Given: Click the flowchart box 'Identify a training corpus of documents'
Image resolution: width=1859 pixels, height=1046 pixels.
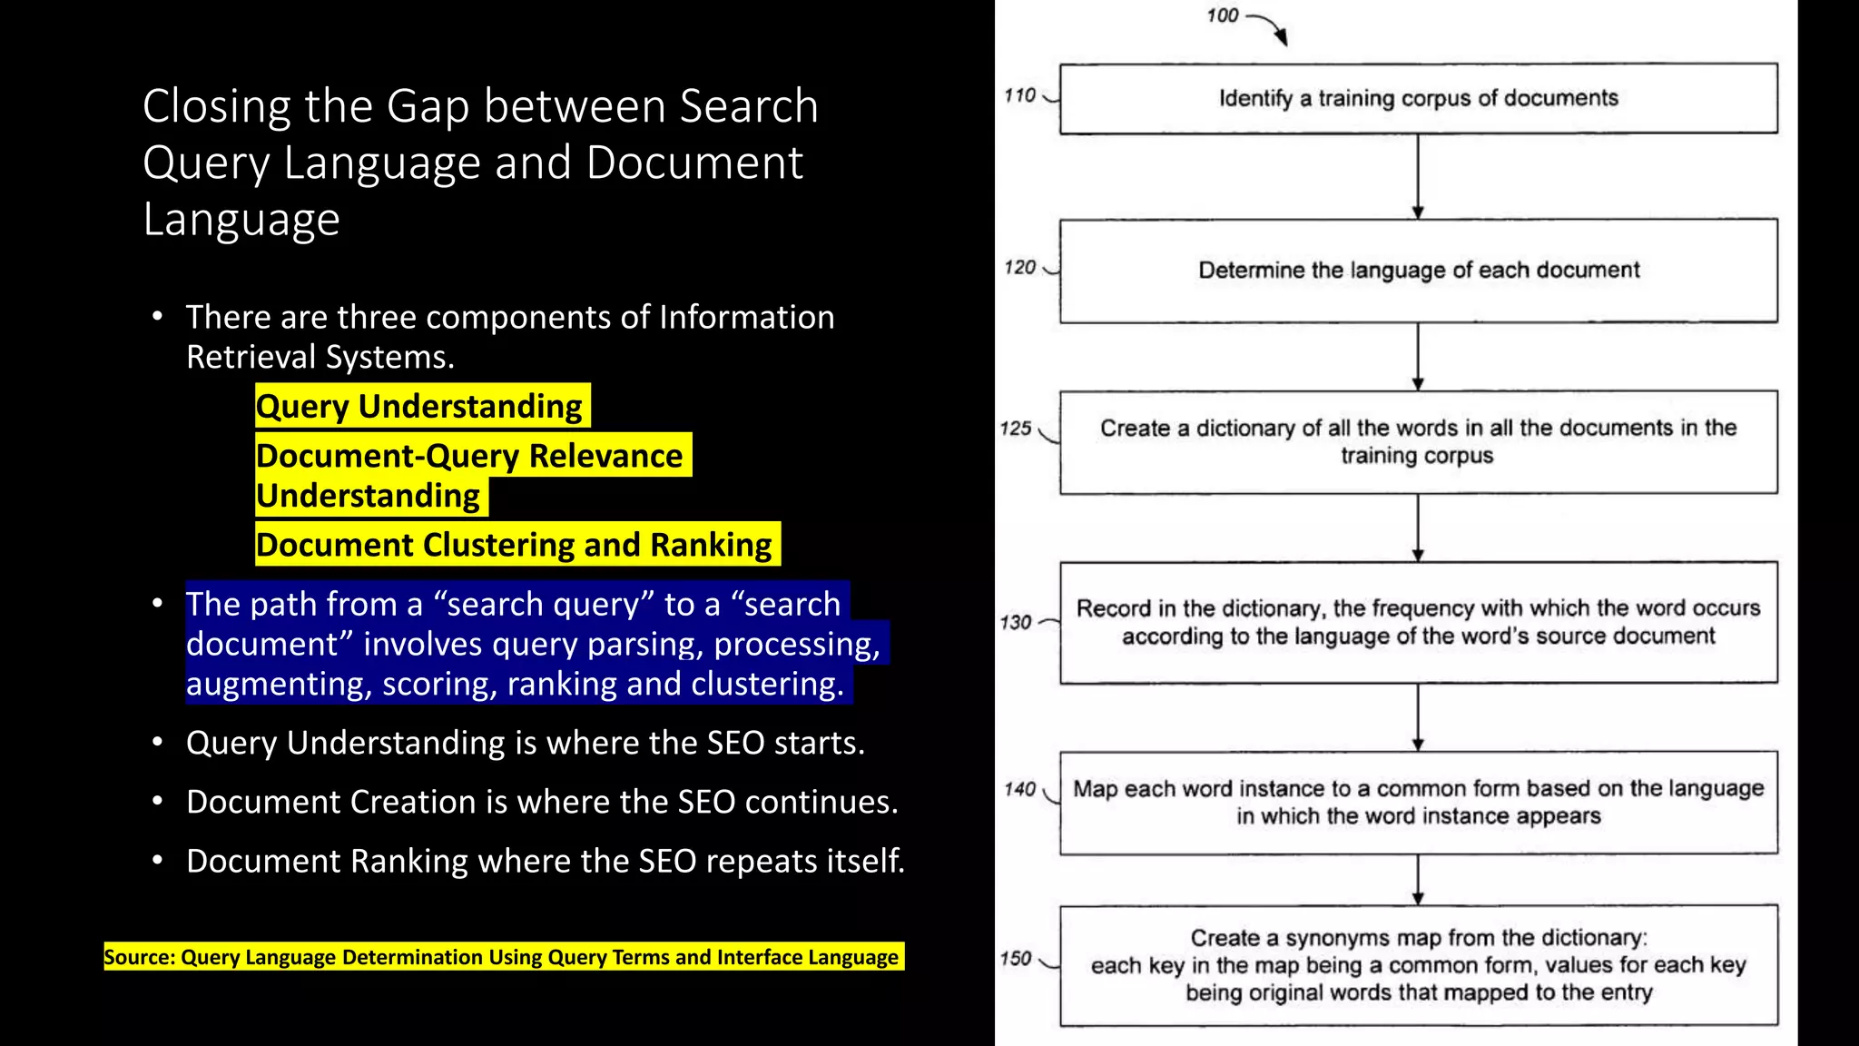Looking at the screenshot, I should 1418,98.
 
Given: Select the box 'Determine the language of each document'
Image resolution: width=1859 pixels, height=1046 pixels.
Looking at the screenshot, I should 1418,271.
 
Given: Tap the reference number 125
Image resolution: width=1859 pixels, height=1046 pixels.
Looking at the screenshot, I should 1016,429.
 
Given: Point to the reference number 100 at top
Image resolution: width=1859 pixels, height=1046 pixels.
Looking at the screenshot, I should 1222,15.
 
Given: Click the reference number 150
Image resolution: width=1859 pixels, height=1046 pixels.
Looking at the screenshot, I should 1016,959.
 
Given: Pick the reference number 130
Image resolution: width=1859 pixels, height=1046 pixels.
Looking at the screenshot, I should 1016,623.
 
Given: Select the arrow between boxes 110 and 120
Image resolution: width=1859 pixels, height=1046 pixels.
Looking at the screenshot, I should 1418,176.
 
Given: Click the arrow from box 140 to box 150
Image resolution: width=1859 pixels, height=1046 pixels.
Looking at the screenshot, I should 1418,879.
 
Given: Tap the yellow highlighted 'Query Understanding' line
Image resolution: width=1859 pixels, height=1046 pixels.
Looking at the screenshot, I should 419,406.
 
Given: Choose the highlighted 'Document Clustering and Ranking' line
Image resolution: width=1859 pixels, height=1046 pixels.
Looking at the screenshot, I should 515,545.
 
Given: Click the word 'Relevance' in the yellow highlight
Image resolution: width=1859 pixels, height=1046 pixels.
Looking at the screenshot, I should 605,456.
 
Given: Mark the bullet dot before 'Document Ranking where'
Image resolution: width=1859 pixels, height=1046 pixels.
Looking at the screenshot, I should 158,860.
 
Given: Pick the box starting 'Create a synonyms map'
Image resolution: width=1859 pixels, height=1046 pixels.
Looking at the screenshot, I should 1418,965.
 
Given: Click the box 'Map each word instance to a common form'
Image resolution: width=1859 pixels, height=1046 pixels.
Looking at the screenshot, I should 1418,803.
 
